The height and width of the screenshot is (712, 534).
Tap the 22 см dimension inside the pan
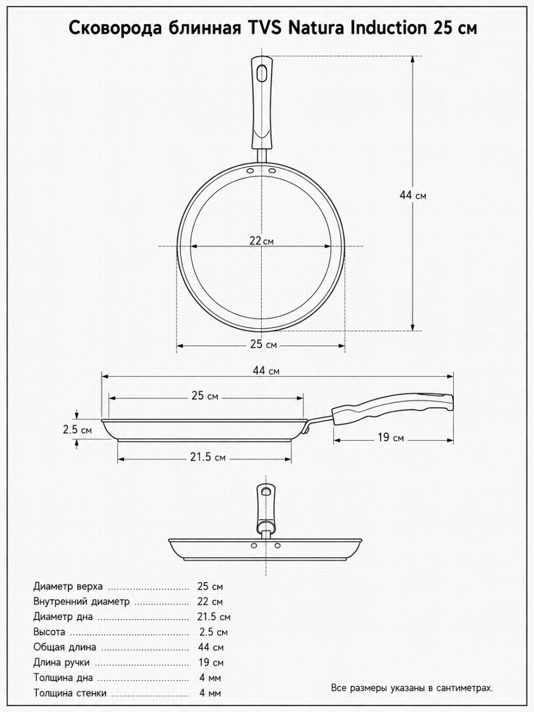click(x=261, y=241)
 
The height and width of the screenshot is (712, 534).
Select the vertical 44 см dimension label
click(x=412, y=195)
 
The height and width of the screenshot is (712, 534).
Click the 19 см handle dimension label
click(x=391, y=437)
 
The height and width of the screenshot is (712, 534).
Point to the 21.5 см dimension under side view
click(x=208, y=457)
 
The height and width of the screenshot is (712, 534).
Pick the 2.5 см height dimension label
click(x=77, y=430)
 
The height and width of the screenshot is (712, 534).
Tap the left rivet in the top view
click(x=250, y=170)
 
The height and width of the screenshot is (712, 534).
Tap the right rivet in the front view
click(x=277, y=545)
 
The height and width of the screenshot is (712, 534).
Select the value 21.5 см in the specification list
click(x=214, y=616)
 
